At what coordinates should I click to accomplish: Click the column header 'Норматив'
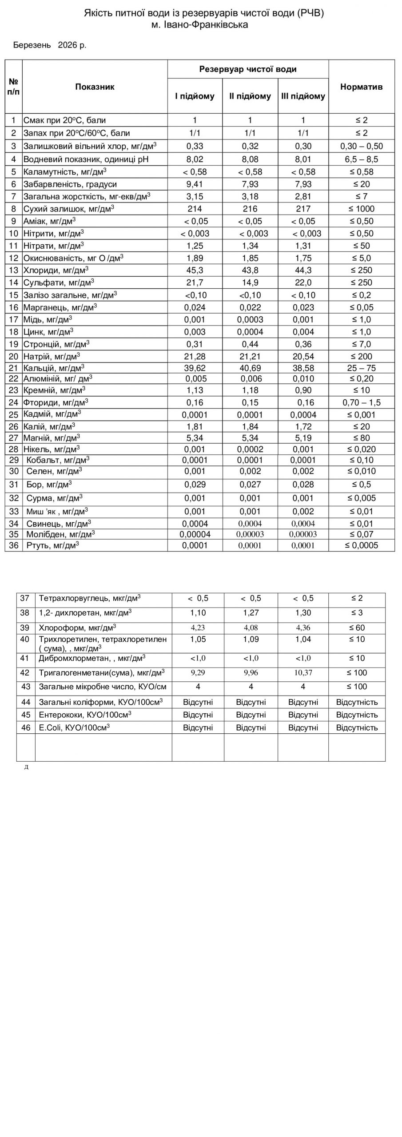click(x=361, y=87)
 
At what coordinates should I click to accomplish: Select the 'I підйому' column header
click(x=195, y=96)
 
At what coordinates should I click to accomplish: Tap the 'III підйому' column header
click(x=303, y=96)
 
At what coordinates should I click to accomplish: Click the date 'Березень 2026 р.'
click(x=50, y=45)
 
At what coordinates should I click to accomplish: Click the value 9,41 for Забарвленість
click(x=195, y=184)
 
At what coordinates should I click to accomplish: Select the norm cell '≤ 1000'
click(x=362, y=209)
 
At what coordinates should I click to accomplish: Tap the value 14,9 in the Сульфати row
click(x=250, y=282)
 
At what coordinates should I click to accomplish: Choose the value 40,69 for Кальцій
click(x=250, y=368)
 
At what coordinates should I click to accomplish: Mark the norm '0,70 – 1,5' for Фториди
click(x=362, y=403)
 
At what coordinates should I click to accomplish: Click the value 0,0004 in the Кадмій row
click(x=303, y=415)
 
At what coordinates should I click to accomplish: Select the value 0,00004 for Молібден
click(x=195, y=534)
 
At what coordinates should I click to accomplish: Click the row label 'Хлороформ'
click(x=77, y=628)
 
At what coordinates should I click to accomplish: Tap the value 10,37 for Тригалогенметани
click(x=303, y=673)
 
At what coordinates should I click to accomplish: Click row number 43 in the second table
click(x=26, y=687)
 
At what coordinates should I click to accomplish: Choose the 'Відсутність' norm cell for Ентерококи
click(x=357, y=715)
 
